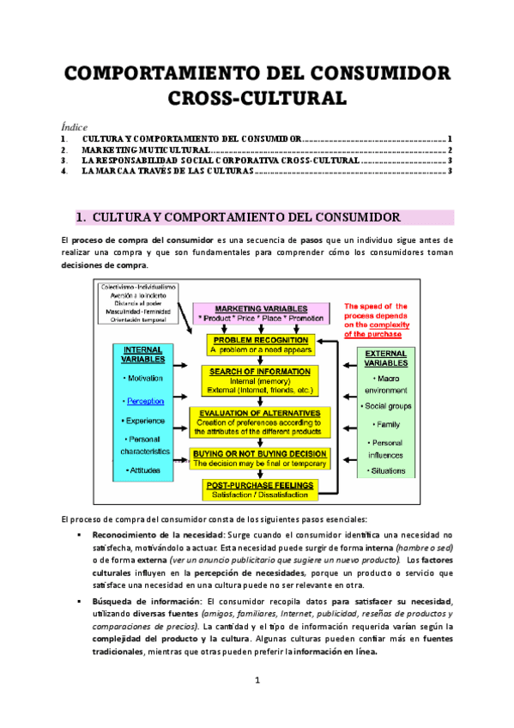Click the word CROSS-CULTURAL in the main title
tap(257, 97)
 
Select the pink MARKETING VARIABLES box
tap(261, 312)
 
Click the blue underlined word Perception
tap(144, 401)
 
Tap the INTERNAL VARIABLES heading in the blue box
tap(144, 355)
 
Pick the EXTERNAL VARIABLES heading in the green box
tap(386, 358)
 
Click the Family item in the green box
tap(387, 425)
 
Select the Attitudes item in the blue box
tap(144, 470)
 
